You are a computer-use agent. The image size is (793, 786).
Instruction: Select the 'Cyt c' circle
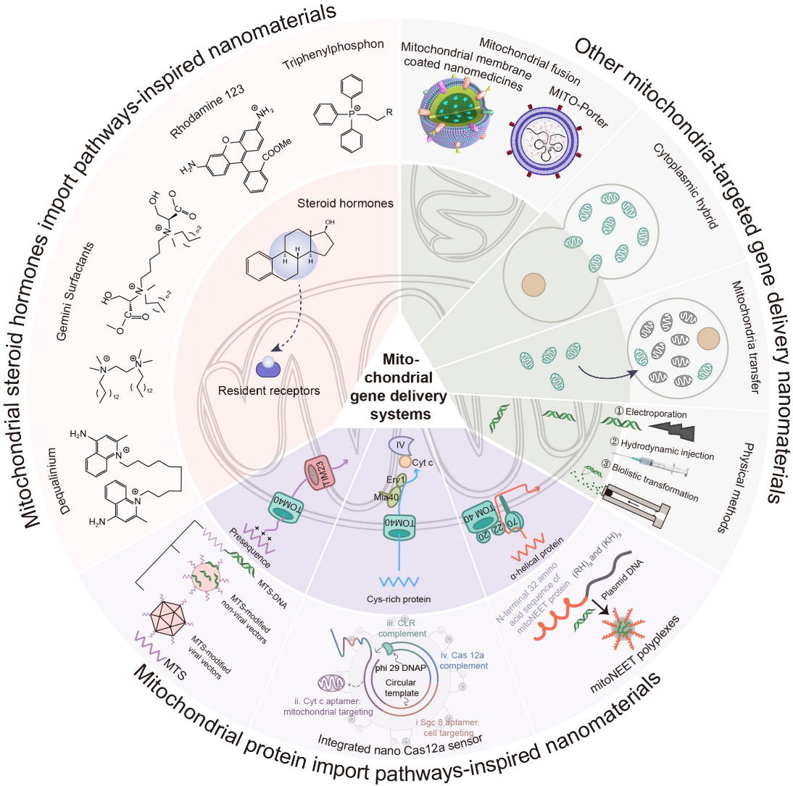click(x=425, y=461)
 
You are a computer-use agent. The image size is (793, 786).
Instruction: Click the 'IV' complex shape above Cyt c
click(x=400, y=443)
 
